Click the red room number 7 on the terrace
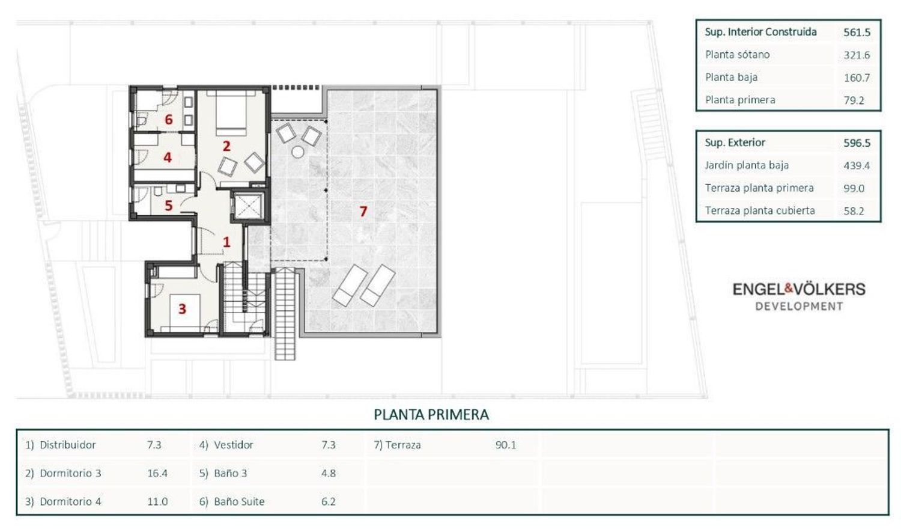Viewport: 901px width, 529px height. pos(363,212)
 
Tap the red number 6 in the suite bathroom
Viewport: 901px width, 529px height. pos(169,120)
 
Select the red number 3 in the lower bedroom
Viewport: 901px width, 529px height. pos(182,309)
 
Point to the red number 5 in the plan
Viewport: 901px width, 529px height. pos(169,206)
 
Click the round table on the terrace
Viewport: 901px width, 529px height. pos(298,152)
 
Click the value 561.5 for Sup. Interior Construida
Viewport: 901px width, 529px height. pos(857,32)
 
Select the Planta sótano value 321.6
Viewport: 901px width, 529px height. pos(857,55)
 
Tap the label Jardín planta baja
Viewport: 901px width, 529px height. pos(747,165)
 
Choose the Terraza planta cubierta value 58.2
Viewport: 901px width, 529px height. pos(854,211)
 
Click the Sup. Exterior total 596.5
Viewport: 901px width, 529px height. pos(857,143)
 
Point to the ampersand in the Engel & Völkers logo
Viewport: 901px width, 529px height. pos(789,289)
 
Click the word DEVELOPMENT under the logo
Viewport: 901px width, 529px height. pos(799,307)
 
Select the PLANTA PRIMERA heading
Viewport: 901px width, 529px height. pos(431,415)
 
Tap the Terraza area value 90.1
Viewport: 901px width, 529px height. pos(506,445)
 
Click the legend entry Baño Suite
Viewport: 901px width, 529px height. pos(239,501)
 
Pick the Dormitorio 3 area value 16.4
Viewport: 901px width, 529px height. pos(157,473)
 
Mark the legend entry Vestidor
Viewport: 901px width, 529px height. pos(233,445)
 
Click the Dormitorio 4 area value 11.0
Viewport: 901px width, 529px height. pos(157,501)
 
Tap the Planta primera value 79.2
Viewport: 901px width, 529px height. pos(854,100)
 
